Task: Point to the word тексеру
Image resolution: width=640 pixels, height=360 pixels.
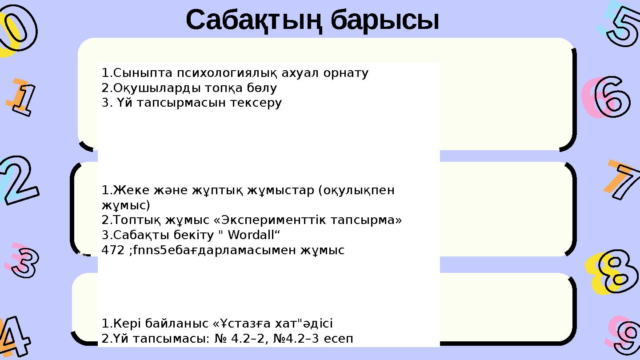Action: (x=258, y=103)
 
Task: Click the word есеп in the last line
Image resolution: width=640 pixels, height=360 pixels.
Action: (x=340, y=339)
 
